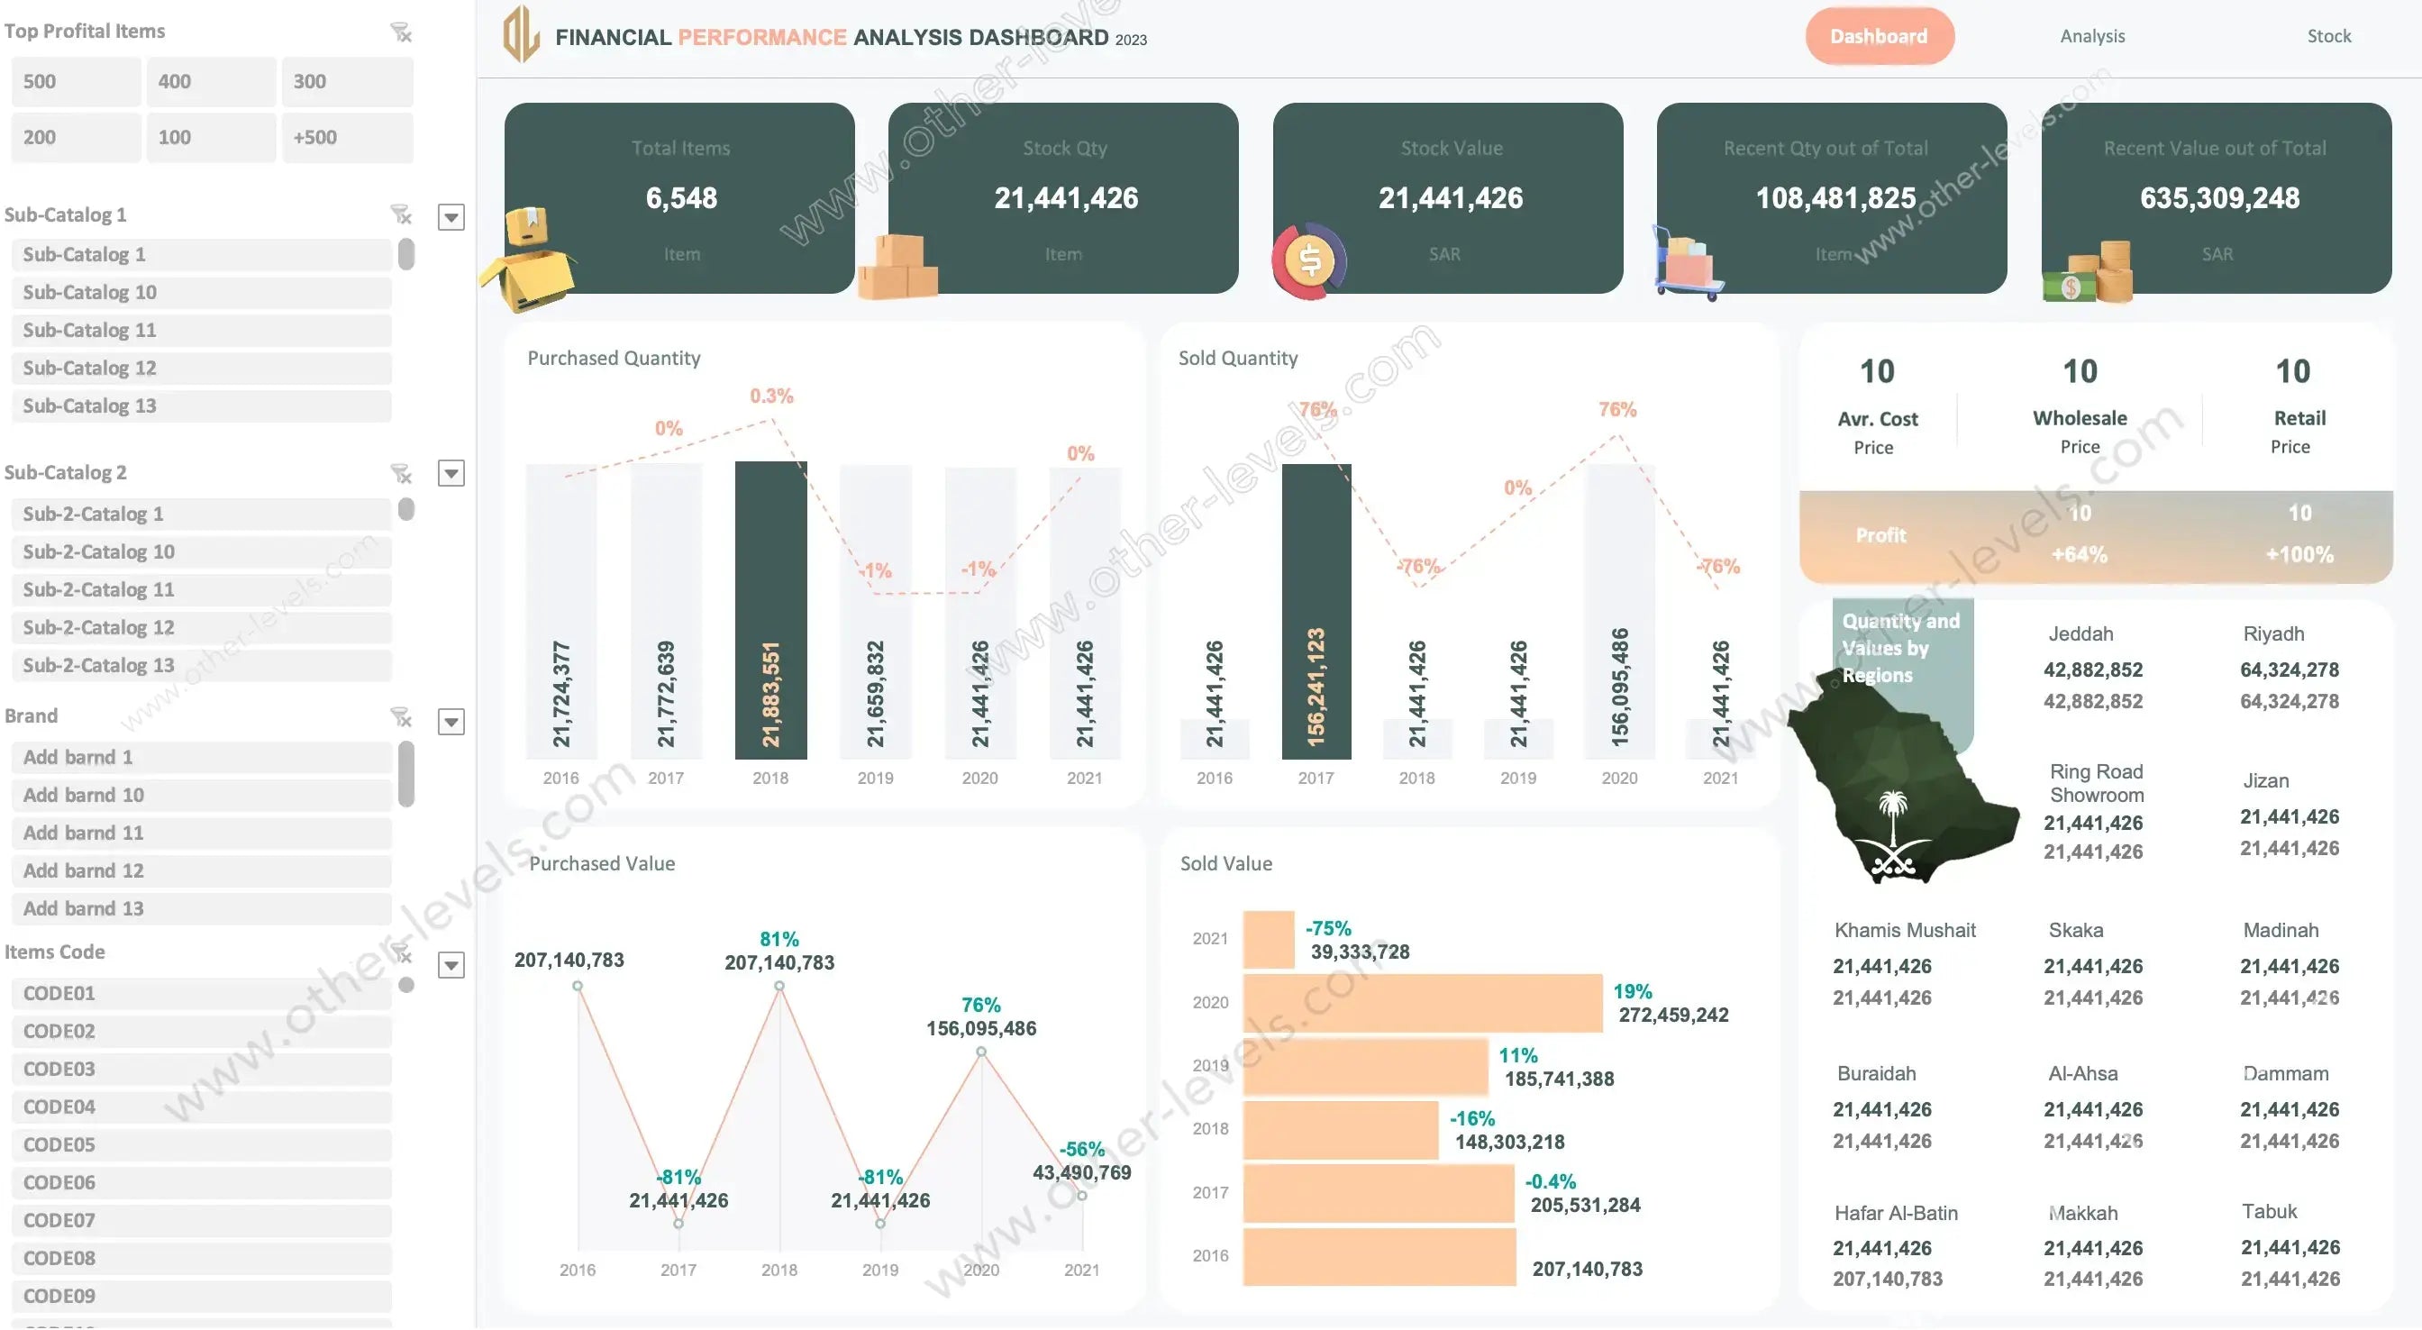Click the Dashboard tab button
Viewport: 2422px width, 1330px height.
(1879, 37)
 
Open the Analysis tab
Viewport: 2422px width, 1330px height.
(2092, 37)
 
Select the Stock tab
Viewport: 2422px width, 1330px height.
(2328, 37)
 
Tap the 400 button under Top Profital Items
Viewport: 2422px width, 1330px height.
(211, 82)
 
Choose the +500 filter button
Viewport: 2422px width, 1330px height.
(346, 137)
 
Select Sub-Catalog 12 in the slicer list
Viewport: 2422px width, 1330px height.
(201, 368)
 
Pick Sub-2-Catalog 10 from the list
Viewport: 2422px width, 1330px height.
(201, 552)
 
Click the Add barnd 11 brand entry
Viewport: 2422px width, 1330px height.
(201, 834)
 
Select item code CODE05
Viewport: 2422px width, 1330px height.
(201, 1144)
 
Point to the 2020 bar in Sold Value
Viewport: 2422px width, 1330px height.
(1422, 1003)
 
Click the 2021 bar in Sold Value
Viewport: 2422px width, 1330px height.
(1269, 939)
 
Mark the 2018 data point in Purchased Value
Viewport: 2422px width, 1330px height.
(778, 986)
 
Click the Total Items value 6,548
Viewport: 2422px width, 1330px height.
(680, 198)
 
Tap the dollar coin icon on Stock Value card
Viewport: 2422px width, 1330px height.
(1309, 260)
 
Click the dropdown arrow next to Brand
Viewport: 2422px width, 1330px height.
(451, 722)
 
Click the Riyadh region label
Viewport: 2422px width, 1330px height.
(2272, 634)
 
